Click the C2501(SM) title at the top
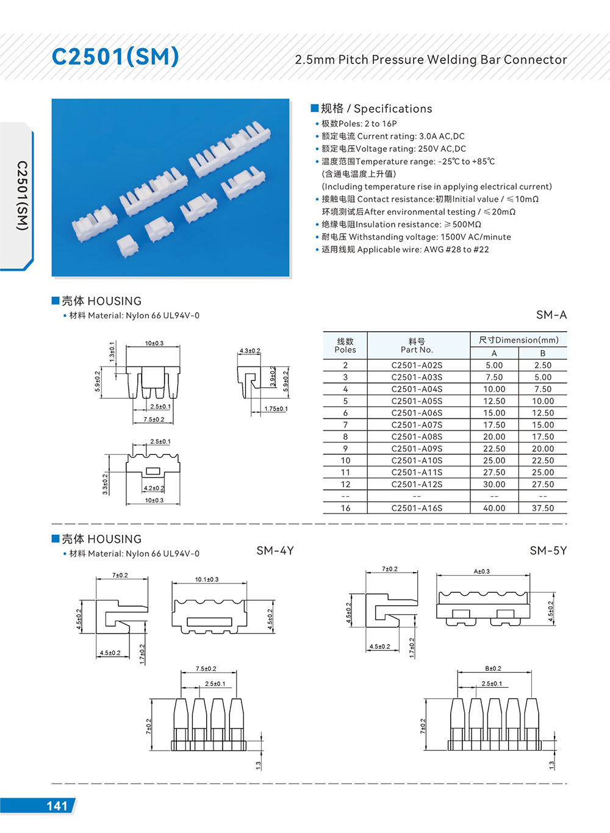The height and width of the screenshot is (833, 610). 115,57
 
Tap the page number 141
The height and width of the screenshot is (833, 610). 57,806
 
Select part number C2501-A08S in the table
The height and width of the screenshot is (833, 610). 417,437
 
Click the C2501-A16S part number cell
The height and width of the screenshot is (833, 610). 417,508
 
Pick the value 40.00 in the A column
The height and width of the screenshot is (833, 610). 494,508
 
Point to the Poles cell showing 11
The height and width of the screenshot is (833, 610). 345,473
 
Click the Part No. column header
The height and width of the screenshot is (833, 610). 417,346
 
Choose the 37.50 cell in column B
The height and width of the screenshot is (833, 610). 543,508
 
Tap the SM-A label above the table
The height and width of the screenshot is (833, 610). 551,315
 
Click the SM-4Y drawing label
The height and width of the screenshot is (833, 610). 275,551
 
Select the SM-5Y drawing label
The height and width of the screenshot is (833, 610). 548,551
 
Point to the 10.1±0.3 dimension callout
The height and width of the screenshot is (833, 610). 207,579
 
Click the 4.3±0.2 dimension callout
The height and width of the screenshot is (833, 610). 249,351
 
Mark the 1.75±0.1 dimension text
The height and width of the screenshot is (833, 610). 276,409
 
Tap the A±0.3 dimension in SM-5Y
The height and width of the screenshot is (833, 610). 482,571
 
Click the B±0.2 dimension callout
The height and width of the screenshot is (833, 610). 492,668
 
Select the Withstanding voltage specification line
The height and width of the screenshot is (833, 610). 417,237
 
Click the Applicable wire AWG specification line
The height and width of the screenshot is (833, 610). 406,249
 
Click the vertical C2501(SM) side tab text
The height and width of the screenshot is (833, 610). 22,195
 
